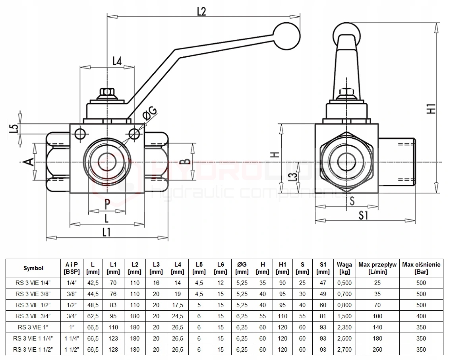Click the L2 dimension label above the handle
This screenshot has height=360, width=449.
pos(201,12)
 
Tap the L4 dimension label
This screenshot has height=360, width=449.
pos(116,60)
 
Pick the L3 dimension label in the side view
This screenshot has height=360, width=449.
pos(293,177)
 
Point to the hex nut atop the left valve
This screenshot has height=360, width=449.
pos(108,93)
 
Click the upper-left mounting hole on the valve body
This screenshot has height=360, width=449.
pos(80,134)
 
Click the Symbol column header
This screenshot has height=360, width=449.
pos(33,268)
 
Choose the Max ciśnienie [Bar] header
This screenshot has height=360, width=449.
pos(421,268)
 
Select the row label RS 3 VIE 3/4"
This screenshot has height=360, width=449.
pos(33,316)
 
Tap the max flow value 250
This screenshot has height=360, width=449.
pos(377,350)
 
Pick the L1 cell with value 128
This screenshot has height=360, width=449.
pos(113,350)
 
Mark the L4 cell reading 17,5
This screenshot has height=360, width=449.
pos(178,305)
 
